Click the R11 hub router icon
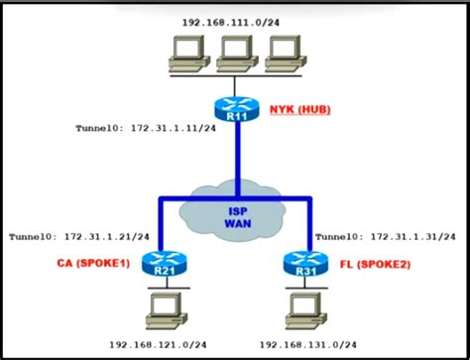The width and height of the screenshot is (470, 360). click(237, 109)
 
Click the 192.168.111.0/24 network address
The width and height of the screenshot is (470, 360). click(236, 21)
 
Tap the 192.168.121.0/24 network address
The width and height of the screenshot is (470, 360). click(162, 344)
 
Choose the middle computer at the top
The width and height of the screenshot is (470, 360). click(236, 54)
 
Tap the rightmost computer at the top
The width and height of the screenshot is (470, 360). click(285, 54)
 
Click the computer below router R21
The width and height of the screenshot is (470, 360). click(159, 310)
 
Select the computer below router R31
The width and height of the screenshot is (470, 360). click(303, 310)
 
